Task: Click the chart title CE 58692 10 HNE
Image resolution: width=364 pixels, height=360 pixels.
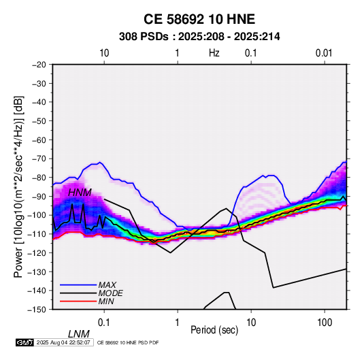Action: click(x=199, y=19)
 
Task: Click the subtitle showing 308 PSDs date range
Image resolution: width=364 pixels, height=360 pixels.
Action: click(x=199, y=37)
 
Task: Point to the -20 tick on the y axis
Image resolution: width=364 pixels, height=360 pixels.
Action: click(x=39, y=65)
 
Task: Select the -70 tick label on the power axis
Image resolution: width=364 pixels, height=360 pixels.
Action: click(x=39, y=159)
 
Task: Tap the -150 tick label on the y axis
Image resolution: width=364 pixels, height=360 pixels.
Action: click(x=37, y=310)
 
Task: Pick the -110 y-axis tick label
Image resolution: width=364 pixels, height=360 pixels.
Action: click(x=37, y=234)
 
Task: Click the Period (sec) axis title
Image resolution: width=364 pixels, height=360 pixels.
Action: click(x=214, y=330)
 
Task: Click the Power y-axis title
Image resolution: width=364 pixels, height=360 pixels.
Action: click(x=18, y=187)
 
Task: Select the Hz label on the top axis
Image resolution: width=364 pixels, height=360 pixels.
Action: click(x=214, y=53)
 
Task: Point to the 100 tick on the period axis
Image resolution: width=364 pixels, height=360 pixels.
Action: click(x=325, y=323)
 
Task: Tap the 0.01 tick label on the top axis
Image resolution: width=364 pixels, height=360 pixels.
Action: click(x=324, y=53)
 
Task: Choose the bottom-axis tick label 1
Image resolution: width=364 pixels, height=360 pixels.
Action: click(x=178, y=323)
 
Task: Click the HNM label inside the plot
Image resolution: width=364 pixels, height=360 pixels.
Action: click(x=80, y=193)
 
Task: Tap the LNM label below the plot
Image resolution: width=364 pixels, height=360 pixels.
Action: click(x=78, y=334)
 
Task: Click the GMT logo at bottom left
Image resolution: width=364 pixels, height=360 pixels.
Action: click(x=25, y=342)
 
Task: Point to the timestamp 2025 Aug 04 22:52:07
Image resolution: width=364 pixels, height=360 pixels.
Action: click(x=63, y=342)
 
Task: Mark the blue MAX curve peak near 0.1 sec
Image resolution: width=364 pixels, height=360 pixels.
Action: click(x=100, y=162)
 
